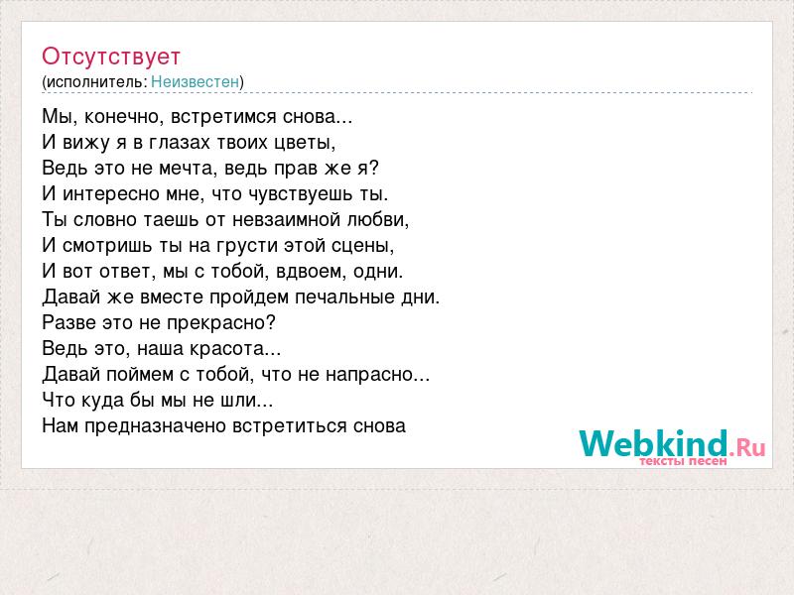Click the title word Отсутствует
pos(111,57)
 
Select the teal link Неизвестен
pos(195,81)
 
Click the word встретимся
pos(224,117)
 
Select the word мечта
pos(188,169)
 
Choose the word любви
pos(377,220)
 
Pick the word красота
pos(235,349)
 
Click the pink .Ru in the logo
pos(747,447)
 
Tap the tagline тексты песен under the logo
pos(683,461)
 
